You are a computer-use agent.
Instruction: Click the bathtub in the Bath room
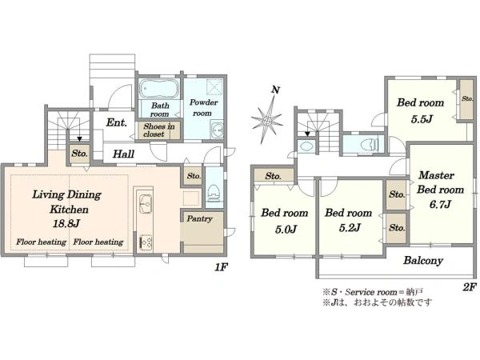(x=159, y=89)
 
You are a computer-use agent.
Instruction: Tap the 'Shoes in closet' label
(x=159, y=130)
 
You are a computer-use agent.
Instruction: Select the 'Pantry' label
(x=199, y=218)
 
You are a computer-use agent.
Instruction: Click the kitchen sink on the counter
(x=145, y=203)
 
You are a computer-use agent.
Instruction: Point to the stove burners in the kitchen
(x=146, y=242)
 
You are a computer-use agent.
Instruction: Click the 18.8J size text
(x=66, y=224)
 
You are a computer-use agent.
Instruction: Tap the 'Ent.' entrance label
(x=116, y=122)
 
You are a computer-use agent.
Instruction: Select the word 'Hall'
(x=123, y=154)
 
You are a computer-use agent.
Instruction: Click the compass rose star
(x=267, y=120)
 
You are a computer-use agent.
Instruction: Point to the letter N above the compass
(x=276, y=90)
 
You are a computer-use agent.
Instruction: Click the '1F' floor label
(x=221, y=267)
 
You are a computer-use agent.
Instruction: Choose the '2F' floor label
(x=470, y=287)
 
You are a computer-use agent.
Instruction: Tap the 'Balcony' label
(x=423, y=261)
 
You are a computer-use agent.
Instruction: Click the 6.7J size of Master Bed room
(x=440, y=204)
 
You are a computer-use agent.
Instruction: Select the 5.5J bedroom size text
(x=422, y=118)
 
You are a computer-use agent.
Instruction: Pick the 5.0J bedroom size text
(x=286, y=229)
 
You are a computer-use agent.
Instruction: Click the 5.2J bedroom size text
(x=350, y=228)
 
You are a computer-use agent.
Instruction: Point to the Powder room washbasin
(x=218, y=130)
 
